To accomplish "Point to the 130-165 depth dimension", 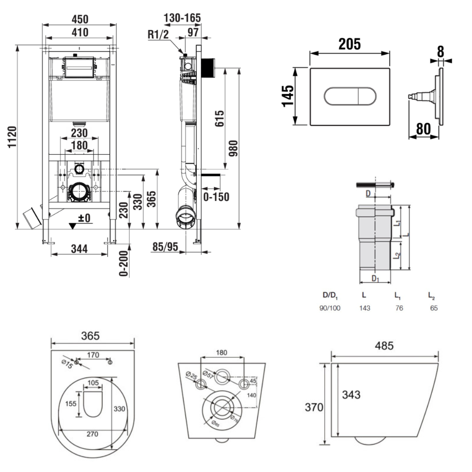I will point(182,18).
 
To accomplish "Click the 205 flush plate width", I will point(349,44).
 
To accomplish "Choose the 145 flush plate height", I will point(287,96).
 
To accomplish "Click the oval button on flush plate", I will point(349,96).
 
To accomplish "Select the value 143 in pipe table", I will point(364,308).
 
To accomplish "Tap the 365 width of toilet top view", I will point(90,336).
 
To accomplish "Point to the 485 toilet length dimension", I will point(385,346).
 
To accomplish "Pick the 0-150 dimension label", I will point(216,196).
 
